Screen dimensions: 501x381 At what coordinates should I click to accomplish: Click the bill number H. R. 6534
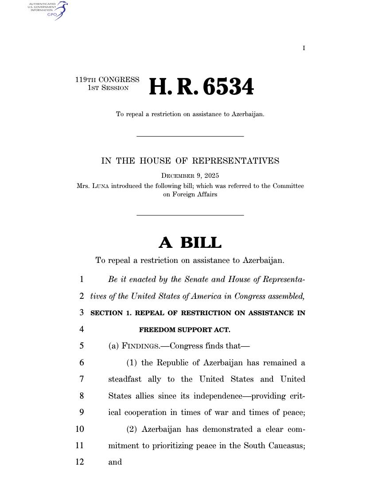(201, 87)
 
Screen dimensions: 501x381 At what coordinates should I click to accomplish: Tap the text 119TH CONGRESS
(107, 80)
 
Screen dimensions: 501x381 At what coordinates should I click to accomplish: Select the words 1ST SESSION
(108, 88)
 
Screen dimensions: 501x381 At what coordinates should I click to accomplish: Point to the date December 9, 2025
(190, 176)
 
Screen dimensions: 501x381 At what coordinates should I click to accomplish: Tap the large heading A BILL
(190, 243)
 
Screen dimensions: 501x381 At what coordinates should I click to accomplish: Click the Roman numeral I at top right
(304, 48)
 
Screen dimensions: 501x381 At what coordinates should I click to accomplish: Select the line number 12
(80, 462)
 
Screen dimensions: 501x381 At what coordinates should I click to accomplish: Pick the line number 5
(82, 346)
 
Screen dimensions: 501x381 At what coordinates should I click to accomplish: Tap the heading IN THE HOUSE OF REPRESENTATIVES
(190, 161)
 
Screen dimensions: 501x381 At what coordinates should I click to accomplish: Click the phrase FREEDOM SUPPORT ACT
(185, 330)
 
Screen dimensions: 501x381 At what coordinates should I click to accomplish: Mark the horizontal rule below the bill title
(190, 136)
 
